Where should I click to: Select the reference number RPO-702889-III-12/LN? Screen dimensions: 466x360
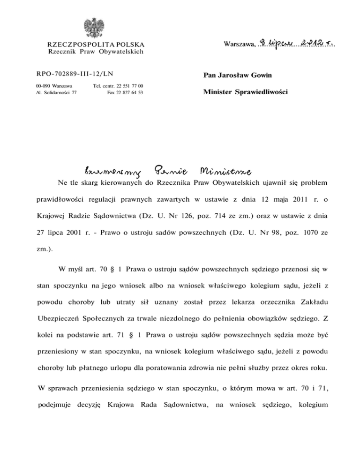75,73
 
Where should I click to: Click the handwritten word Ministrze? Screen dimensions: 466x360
227,170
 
